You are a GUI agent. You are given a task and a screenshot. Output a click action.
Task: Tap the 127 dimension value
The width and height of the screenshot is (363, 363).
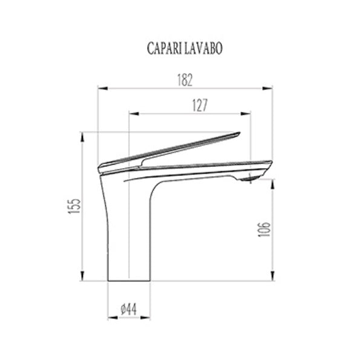(200, 105)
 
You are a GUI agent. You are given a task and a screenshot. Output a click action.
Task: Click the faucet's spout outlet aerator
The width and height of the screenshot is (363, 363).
(247, 179)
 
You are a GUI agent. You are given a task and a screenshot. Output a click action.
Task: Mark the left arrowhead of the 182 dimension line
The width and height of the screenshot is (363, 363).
(101, 88)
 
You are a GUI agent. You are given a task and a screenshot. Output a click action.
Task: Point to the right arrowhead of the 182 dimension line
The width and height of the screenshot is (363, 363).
(269, 88)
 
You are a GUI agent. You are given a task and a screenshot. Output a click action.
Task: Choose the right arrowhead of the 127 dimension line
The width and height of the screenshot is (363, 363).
(247, 113)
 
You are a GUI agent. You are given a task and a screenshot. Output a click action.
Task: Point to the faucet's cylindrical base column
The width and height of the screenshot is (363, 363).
(128, 254)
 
